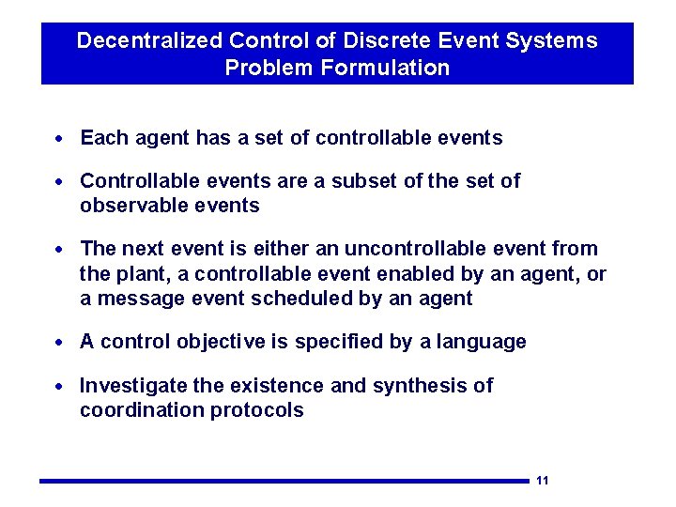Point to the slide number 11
tap(542, 481)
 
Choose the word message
tap(132, 299)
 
